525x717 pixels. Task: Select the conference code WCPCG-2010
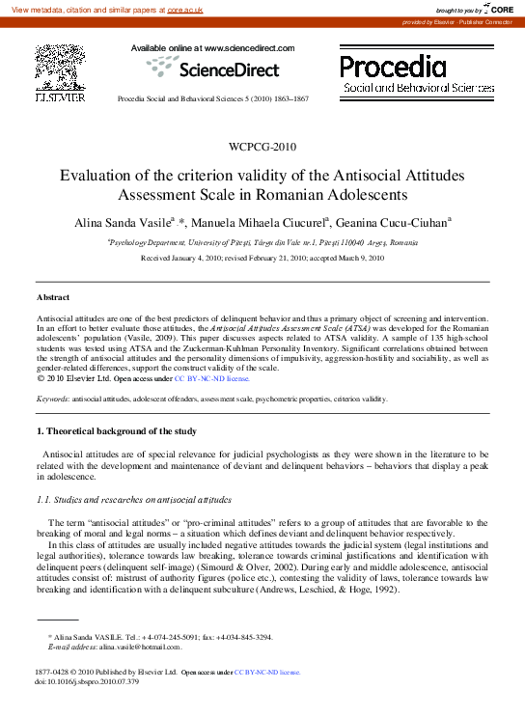[262, 147]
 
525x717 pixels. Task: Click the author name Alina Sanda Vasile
[128, 222]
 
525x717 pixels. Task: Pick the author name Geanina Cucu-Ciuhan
[393, 222]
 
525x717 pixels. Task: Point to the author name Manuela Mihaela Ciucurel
[263, 222]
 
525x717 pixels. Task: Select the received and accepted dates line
[262, 259]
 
